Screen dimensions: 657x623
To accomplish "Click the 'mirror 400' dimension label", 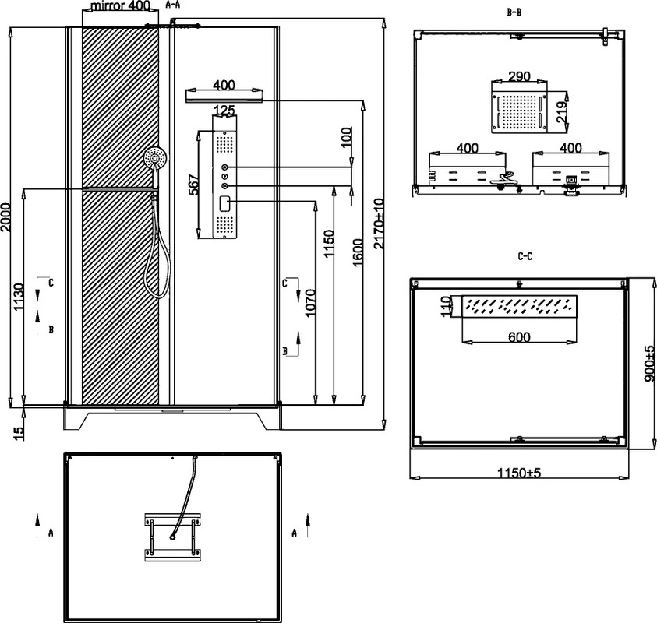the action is [x=120, y=6].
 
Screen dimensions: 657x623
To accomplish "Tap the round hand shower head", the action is [x=155, y=158].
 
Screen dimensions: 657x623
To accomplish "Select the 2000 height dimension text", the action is [x=5, y=216].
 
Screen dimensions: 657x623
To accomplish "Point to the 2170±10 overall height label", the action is [x=378, y=224].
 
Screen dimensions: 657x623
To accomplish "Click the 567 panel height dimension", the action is [x=193, y=185].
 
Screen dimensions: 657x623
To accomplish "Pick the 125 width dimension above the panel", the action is [x=224, y=111].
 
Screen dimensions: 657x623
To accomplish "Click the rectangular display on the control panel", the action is [x=224, y=203].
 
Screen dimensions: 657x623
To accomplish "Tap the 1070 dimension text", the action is [x=310, y=303].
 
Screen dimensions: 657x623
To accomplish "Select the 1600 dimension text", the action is [x=358, y=252].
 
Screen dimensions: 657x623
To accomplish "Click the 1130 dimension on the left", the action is [x=19, y=297].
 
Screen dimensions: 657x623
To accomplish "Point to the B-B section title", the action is [x=514, y=12].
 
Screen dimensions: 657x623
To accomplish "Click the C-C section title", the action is [x=525, y=256].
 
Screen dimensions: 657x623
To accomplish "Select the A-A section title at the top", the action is [x=173, y=5].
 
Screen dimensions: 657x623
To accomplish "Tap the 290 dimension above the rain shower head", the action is [x=519, y=76].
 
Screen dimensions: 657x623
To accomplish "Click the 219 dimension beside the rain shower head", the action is [x=561, y=112].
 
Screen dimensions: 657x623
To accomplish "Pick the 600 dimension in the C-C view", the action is [x=519, y=336].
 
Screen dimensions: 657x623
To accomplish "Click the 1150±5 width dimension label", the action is [x=519, y=473].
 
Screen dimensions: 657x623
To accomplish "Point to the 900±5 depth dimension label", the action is [x=649, y=363].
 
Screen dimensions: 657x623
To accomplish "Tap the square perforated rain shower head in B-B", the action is [x=519, y=112].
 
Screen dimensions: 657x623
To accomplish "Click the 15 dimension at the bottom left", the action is [x=19, y=433].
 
